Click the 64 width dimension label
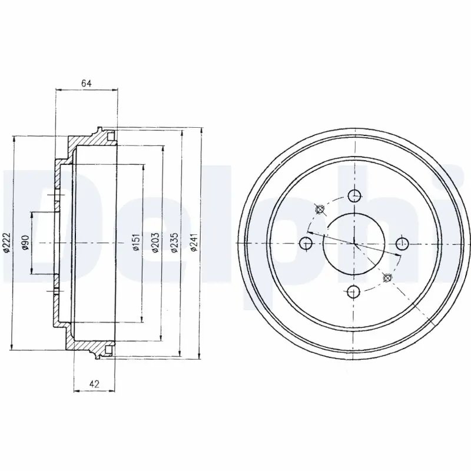pyautogui.click(x=86, y=83)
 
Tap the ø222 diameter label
pyautogui.click(x=6, y=242)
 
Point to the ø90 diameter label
pyautogui.click(x=25, y=242)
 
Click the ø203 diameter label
pyautogui.click(x=154, y=242)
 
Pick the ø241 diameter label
pyautogui.click(x=194, y=242)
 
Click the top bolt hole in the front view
pyautogui.click(x=354, y=195)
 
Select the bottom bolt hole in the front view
pyautogui.click(x=354, y=290)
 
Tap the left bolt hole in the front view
pyautogui.click(x=306, y=243)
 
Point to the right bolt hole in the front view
pyautogui.click(x=402, y=243)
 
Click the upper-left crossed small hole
pyautogui.click(x=320, y=209)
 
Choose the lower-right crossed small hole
pyautogui.click(x=387, y=277)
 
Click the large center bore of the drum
pyautogui.click(x=354, y=243)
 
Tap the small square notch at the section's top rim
pyautogui.click(x=110, y=136)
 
